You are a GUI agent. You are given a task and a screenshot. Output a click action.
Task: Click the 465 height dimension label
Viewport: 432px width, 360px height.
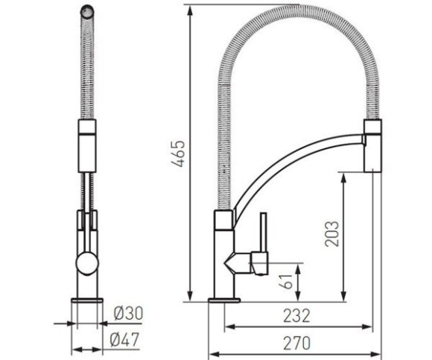click(x=178, y=154)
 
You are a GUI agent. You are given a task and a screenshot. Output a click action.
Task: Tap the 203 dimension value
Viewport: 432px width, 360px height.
click(x=331, y=234)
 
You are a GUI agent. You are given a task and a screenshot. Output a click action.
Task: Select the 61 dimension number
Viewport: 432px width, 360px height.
click(x=286, y=281)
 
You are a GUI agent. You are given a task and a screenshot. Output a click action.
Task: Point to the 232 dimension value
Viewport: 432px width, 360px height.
click(x=296, y=316)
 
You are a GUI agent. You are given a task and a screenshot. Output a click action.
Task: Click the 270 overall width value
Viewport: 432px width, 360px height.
click(x=297, y=344)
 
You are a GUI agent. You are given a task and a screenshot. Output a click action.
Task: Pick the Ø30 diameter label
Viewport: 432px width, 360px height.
click(x=128, y=314)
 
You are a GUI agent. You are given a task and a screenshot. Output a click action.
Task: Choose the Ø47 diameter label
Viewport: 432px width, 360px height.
click(x=124, y=340)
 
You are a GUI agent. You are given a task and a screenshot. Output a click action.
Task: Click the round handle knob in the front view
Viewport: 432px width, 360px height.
click(x=87, y=264)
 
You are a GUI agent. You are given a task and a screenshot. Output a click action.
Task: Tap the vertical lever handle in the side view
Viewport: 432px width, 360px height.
click(x=264, y=233)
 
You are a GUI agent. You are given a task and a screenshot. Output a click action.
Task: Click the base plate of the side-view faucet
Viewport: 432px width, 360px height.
click(x=224, y=300)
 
